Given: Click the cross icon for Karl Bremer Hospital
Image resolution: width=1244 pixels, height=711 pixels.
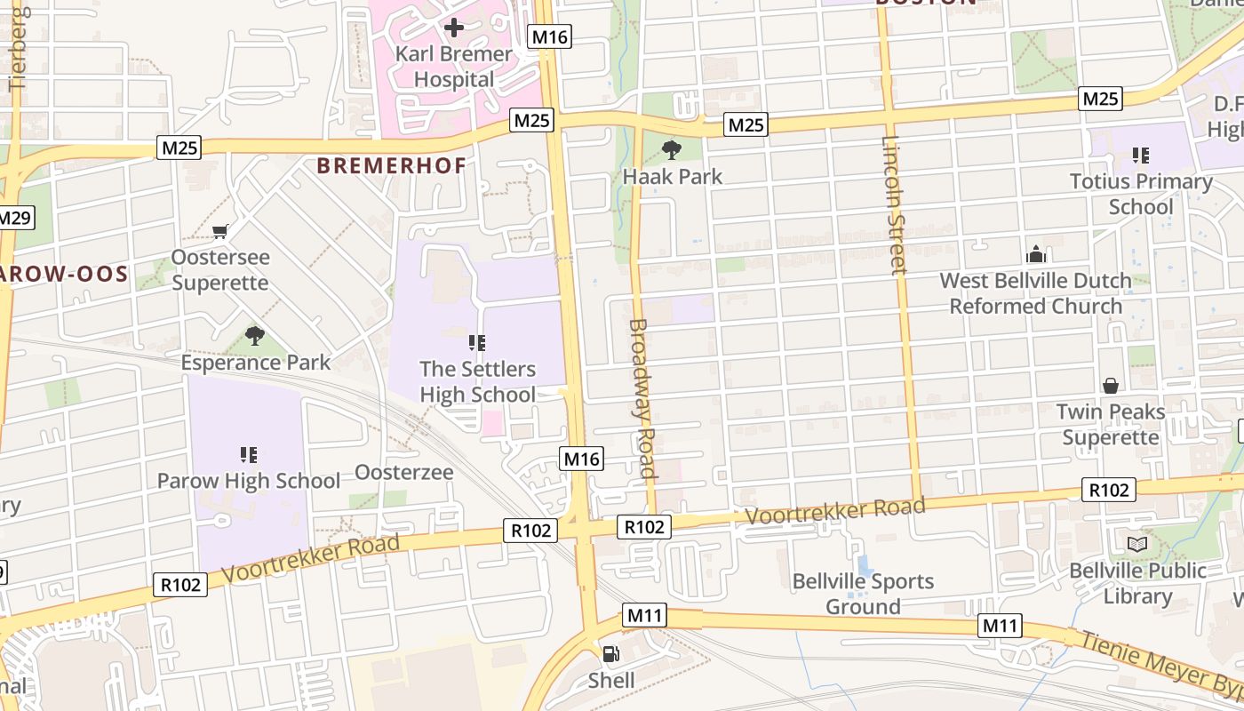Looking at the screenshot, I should click(x=453, y=27).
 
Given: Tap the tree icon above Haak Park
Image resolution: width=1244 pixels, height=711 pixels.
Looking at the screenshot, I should click(x=672, y=149).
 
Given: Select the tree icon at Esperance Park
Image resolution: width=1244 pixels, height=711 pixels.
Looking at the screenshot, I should click(x=255, y=335).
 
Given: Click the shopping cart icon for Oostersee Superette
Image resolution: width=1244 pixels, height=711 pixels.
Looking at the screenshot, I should click(x=219, y=231).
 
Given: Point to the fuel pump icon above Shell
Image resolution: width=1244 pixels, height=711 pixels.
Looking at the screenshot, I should click(x=611, y=654).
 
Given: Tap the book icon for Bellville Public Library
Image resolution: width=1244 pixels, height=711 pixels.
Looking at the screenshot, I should click(x=1137, y=544).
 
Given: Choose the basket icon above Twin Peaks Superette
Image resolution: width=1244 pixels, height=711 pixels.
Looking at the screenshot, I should click(x=1110, y=385).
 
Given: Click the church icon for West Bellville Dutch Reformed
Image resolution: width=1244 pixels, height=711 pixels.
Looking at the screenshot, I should click(x=1035, y=255).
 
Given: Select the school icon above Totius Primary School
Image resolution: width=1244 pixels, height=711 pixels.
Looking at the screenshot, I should click(x=1141, y=156).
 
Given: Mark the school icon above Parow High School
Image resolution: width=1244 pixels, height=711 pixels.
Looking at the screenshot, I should click(x=249, y=455).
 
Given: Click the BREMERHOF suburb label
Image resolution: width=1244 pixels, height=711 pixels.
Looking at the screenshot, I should click(x=391, y=165).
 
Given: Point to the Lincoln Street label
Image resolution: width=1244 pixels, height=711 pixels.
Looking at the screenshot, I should click(x=894, y=204).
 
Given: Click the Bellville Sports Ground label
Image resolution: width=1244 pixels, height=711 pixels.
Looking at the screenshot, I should click(x=863, y=594).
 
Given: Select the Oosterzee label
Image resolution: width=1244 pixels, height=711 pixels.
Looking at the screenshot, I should click(x=404, y=472).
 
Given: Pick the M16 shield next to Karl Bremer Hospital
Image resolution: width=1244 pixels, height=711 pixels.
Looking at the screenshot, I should click(x=549, y=36).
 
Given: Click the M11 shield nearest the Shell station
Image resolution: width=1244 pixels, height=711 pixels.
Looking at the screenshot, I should click(x=645, y=615).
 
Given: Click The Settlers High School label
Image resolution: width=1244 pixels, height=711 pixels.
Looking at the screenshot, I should click(x=477, y=381).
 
